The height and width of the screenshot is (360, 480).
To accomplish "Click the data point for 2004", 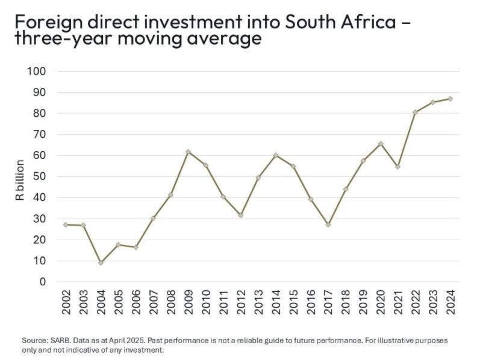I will coord(101,262).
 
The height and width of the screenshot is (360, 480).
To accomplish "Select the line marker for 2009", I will coord(188,152).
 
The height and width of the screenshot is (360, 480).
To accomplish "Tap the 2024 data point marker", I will coord(450,99).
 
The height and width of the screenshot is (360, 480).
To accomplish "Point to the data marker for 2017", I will coord(328,225).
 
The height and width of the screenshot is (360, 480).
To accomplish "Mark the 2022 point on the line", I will coord(415,112).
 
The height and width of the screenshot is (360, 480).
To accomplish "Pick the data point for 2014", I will coord(275,155).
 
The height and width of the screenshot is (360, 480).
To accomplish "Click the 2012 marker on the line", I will coord(240,215).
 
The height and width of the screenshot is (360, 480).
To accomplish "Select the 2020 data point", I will coord(380,143).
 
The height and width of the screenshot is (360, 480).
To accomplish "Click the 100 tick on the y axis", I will coord(37,71).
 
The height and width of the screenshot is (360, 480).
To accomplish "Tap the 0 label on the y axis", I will coord(43,282).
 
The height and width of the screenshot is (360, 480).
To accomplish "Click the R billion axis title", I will coord(20,179).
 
